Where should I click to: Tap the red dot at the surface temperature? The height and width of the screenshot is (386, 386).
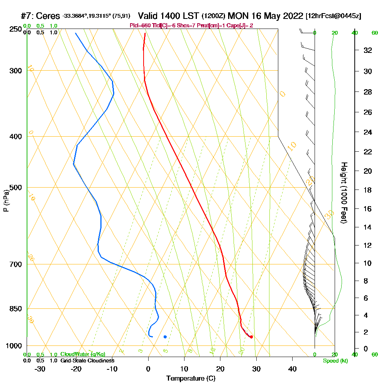[251, 337]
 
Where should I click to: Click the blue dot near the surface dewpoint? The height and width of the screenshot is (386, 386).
[165, 337]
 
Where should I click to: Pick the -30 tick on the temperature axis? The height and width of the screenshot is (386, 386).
[40, 369]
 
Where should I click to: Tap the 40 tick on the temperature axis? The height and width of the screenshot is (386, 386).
[293, 369]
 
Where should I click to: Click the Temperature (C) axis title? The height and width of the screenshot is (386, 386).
[191, 379]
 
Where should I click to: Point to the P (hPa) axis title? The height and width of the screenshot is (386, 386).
[6, 201]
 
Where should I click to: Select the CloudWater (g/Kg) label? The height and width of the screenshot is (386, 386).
[83, 354]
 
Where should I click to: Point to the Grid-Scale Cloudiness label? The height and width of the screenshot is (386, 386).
[87, 361]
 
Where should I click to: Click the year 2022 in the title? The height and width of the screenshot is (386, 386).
[292, 16]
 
